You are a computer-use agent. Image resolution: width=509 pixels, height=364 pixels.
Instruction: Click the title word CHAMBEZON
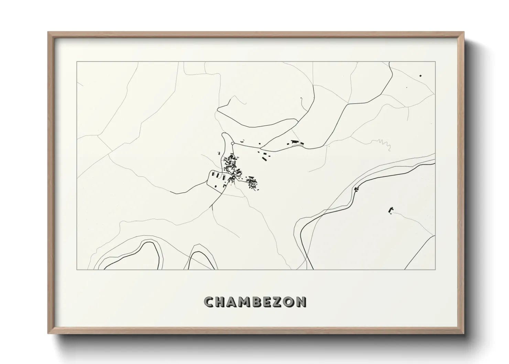pos(255,302)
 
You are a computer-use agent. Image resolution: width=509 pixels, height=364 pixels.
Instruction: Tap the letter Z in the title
pos(278,302)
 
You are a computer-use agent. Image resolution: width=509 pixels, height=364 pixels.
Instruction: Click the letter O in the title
pos(290,302)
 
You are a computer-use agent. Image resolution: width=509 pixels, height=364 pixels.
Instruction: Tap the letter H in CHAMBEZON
pos(220,302)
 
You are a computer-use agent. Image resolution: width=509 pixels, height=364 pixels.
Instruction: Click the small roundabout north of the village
pos(233,143)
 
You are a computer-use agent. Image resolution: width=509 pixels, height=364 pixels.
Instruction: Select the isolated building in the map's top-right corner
pos(420,75)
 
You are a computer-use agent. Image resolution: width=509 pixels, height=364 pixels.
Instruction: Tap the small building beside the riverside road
pos(356,189)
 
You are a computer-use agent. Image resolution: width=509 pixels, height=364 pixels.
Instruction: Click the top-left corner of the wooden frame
pos(48,33)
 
